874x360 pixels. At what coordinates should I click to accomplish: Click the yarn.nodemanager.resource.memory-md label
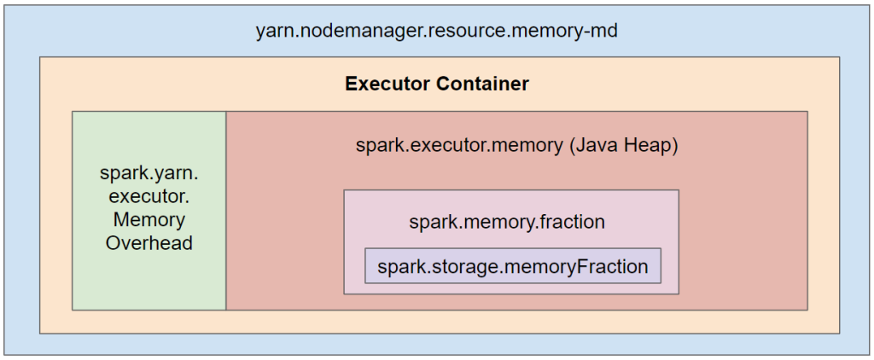(436, 32)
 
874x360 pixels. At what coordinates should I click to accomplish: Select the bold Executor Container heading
(436, 84)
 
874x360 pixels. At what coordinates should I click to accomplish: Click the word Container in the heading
(483, 84)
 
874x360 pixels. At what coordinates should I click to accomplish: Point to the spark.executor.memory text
(459, 146)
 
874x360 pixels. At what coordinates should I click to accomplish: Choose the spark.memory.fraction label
(507, 222)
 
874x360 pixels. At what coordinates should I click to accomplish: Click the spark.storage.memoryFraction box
(513, 266)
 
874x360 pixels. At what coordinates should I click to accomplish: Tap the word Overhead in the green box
(149, 243)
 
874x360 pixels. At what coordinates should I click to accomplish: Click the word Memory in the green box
(149, 219)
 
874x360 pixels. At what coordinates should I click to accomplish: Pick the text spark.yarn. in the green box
(149, 173)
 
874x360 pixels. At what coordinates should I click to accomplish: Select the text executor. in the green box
(149, 196)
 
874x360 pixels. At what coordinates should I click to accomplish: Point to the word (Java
(594, 146)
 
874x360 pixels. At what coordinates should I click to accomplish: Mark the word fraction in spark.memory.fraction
(571, 222)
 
